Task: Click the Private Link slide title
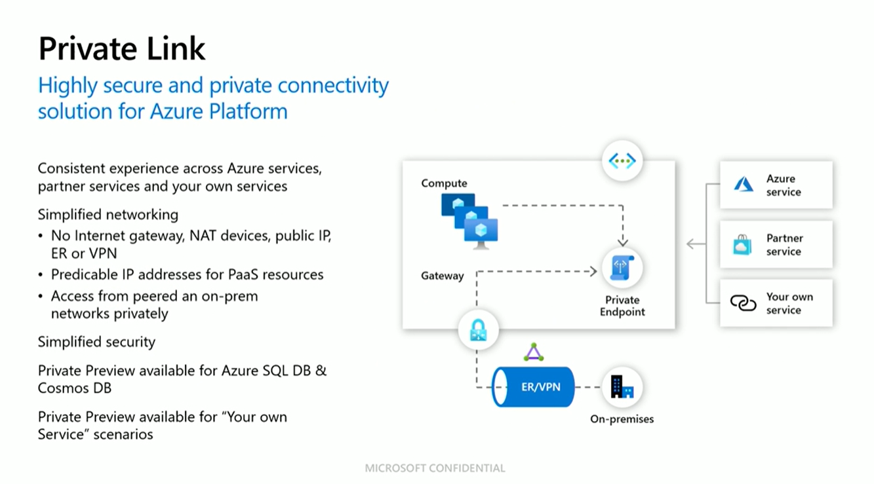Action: [122, 48]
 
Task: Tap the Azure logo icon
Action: [744, 185]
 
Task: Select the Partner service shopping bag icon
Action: [742, 245]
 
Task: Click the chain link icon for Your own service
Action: [743, 303]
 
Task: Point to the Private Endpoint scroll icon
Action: [622, 268]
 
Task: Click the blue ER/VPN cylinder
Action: [533, 387]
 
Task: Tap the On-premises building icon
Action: [622, 387]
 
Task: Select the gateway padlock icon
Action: [478, 331]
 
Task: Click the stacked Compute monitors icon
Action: [469, 221]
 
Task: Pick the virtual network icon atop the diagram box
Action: [622, 160]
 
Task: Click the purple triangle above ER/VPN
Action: [533, 353]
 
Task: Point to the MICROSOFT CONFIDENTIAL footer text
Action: [435, 468]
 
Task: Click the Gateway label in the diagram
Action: [442, 276]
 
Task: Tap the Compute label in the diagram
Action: [444, 183]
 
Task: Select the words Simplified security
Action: [96, 342]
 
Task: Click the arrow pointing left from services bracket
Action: [695, 244]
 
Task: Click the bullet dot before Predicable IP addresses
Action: [41, 275]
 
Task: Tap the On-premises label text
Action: [622, 419]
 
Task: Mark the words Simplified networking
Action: [108, 214]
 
